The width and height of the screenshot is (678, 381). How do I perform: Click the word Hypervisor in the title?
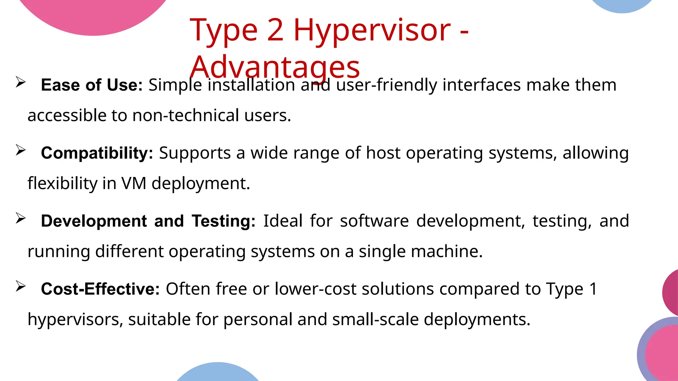[x=372, y=31]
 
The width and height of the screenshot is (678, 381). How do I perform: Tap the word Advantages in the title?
[x=275, y=67]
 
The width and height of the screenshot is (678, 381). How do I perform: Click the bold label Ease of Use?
[x=92, y=85]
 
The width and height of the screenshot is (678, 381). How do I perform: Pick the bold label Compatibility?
[x=97, y=153]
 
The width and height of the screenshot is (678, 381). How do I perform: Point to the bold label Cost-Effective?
[x=100, y=289]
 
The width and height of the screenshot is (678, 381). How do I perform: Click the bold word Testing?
[x=224, y=221]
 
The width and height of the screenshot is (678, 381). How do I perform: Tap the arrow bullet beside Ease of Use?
[x=21, y=82]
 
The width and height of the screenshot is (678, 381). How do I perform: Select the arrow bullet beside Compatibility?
[x=21, y=150]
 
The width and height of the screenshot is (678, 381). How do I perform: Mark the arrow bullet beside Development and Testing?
[x=21, y=218]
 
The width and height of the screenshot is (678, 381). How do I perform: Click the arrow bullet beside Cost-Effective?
[x=21, y=286]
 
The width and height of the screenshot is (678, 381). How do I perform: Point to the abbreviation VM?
[x=134, y=183]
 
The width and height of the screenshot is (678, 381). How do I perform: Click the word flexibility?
[x=62, y=183]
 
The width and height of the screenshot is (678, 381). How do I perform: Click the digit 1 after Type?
[x=593, y=289]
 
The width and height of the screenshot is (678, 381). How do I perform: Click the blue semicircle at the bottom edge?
[x=218, y=373]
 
